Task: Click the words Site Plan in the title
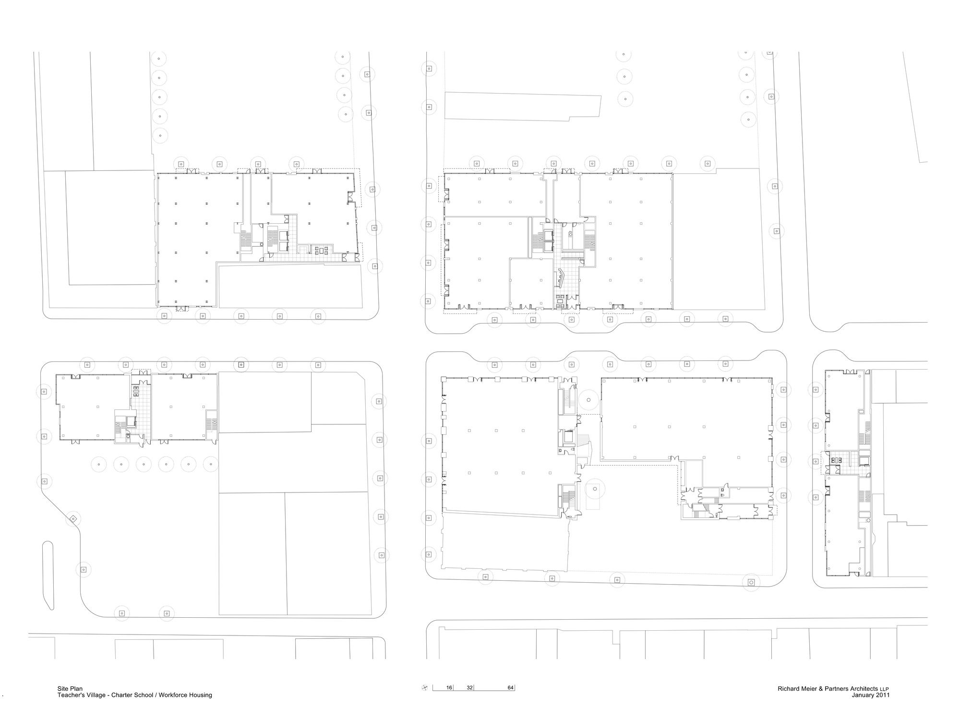click(70, 689)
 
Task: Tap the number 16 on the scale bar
click(449, 688)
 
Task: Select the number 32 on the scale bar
click(470, 688)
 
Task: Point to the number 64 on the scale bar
click(511, 688)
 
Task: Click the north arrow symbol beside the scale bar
click(424, 688)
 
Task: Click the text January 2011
click(871, 695)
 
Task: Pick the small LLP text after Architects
click(884, 689)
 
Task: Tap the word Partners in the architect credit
click(837, 688)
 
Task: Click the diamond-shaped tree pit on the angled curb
click(73, 519)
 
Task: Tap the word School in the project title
click(144, 695)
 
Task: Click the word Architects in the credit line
click(864, 688)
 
